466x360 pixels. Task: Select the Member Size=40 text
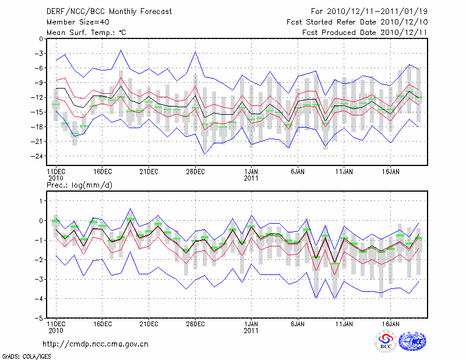(x=73, y=22)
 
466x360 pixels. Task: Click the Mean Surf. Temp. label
(x=86, y=32)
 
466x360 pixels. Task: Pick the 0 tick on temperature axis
(x=40, y=39)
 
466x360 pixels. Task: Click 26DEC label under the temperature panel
(x=195, y=172)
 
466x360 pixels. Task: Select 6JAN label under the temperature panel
(x=298, y=172)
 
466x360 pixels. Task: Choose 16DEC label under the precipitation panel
(x=102, y=323)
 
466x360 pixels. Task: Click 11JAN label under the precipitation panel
(x=344, y=323)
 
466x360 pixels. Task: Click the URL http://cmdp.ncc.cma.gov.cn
(x=96, y=344)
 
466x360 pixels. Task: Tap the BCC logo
(x=386, y=341)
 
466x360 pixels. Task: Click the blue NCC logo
(x=415, y=341)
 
